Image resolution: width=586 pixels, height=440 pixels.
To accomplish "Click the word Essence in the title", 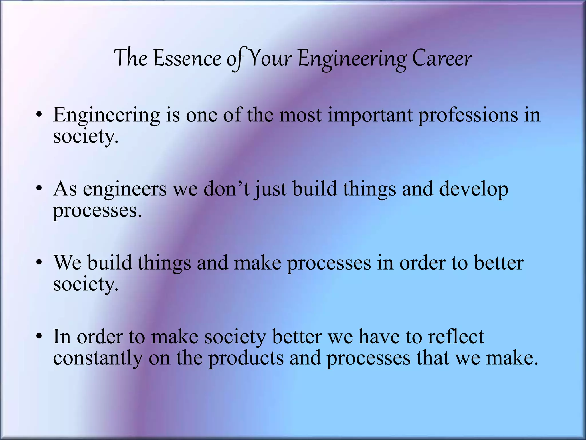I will [187, 59].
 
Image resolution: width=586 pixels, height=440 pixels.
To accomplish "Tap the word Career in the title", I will [442, 59].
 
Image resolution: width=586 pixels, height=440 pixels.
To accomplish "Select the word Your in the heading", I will [270, 59].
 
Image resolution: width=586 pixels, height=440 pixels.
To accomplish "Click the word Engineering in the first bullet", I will [106, 116].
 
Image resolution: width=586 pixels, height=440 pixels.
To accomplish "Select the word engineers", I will [125, 190].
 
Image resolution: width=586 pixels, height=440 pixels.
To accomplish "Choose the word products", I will [246, 359].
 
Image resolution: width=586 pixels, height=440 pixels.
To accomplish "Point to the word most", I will [300, 115].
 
